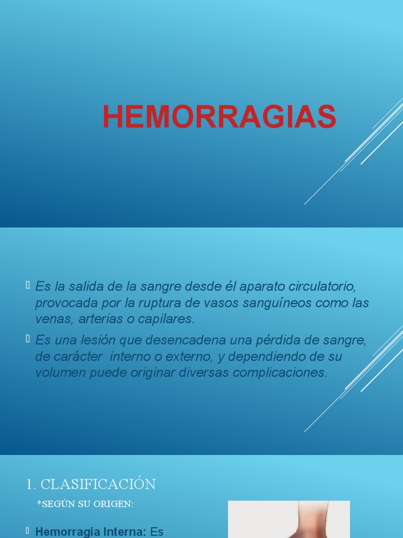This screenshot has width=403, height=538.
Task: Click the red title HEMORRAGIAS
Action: pos(219,117)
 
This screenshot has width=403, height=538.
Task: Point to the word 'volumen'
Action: pos(57,373)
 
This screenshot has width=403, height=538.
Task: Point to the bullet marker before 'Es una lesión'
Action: pos(28,339)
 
